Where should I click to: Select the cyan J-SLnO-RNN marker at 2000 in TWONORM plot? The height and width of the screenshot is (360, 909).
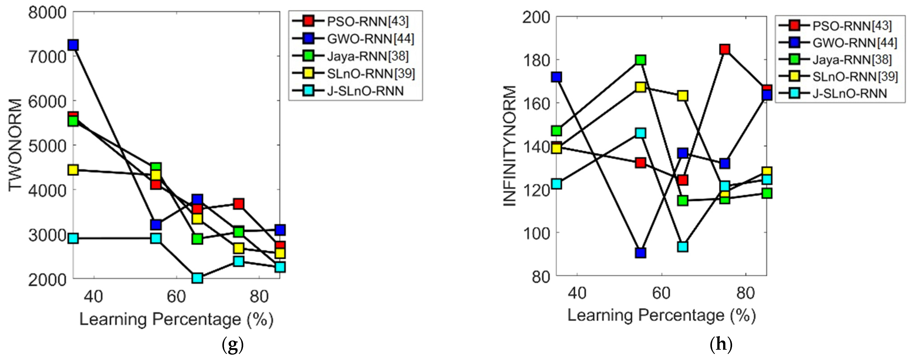pos(197,278)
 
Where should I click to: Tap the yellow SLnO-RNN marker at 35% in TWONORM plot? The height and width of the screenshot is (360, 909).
pos(73,170)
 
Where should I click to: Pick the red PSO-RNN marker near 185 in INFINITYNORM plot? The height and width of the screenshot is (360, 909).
pos(725,49)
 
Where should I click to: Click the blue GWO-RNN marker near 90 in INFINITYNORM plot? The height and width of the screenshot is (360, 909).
pos(640,253)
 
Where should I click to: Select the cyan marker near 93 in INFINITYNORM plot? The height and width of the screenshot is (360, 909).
pos(683,246)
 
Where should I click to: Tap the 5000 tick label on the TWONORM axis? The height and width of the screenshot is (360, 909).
pos(47,146)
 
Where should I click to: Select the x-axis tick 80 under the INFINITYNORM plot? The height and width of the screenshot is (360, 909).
pos(745,293)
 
